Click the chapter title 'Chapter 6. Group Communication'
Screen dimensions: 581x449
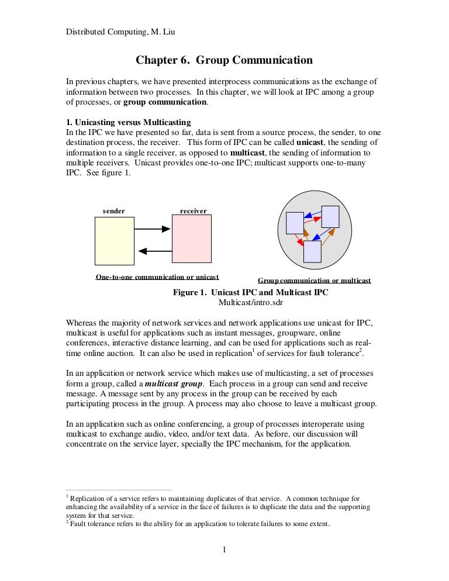point(224,60)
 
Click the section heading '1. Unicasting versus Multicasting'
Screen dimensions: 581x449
point(128,122)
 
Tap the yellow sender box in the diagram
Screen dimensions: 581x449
point(115,241)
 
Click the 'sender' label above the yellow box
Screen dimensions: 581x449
point(114,210)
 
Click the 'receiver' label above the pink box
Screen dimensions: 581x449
point(193,210)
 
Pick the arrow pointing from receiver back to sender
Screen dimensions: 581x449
point(153,251)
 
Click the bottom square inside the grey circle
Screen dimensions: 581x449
point(312,251)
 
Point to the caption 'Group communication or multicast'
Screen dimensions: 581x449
point(315,281)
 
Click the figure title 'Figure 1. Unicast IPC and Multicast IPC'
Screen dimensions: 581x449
point(251,292)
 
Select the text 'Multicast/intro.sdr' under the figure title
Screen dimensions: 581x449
point(250,302)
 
